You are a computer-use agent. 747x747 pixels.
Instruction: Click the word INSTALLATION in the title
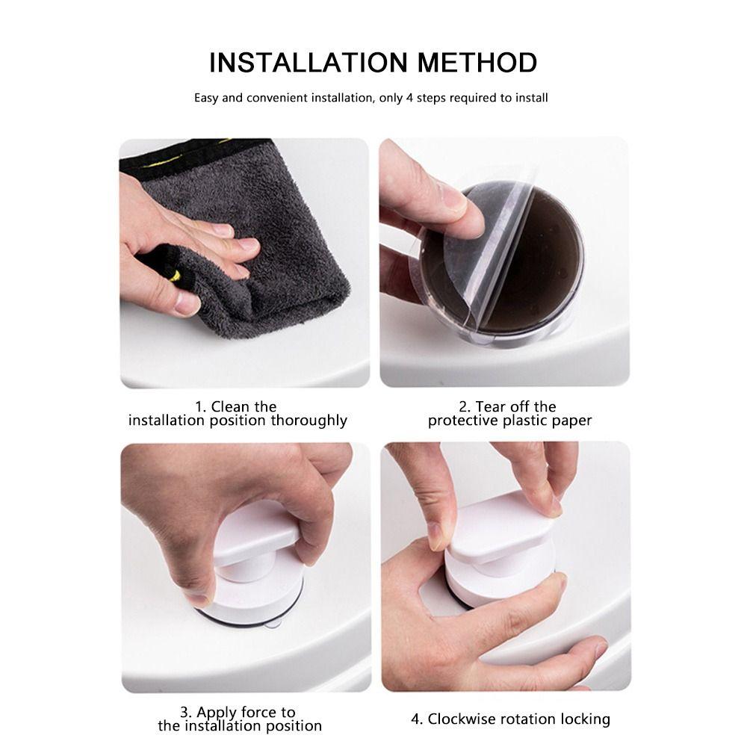click(309, 63)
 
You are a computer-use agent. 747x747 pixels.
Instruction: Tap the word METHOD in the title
click(477, 63)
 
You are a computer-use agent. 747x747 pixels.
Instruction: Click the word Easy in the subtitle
click(206, 98)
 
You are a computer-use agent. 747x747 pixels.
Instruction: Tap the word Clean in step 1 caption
click(231, 407)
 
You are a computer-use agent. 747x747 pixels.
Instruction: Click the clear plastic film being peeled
click(481, 257)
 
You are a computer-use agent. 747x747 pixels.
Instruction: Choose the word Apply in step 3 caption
click(217, 713)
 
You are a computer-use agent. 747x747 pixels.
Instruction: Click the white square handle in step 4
click(500, 524)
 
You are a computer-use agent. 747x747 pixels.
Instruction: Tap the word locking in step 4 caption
click(585, 720)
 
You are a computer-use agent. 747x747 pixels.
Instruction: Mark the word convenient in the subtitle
click(277, 98)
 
